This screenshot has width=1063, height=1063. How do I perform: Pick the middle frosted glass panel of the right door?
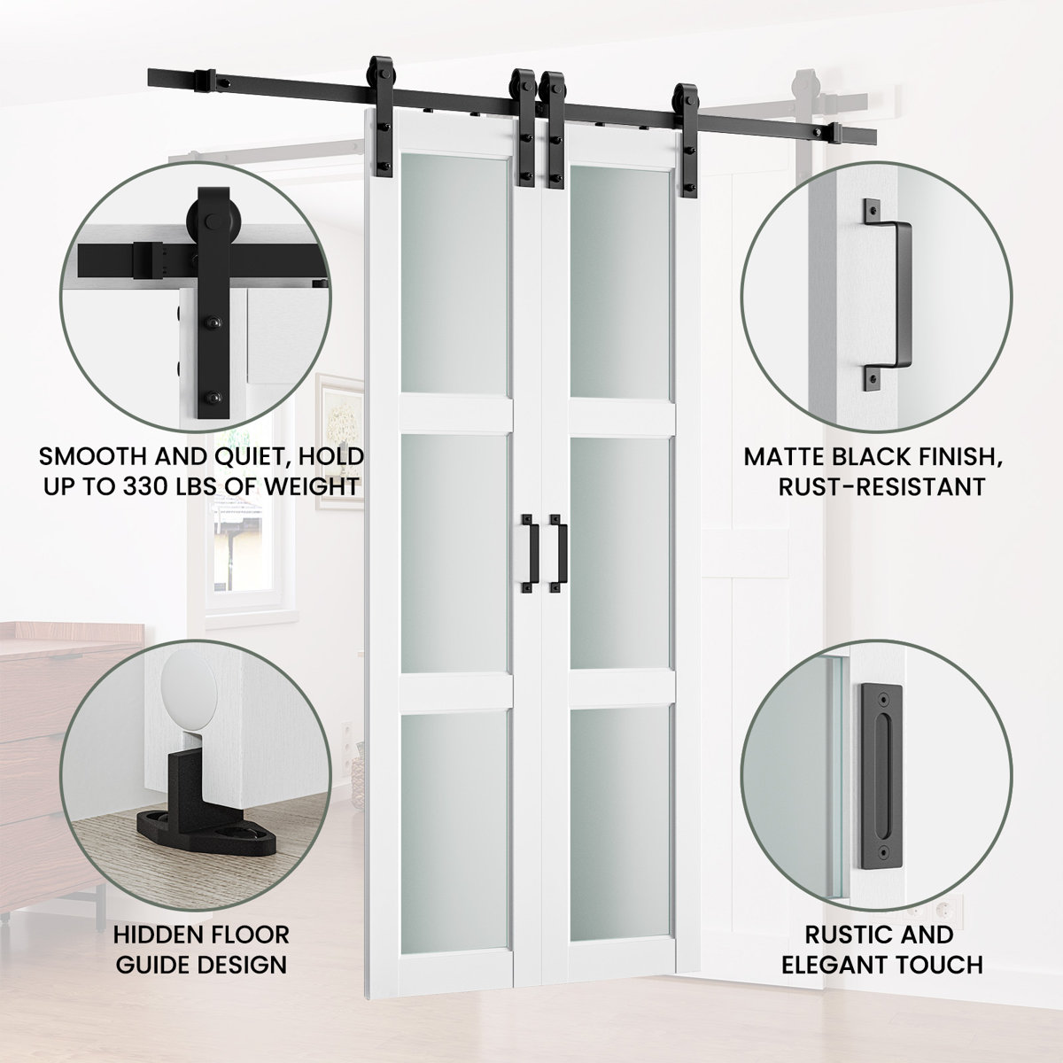(x=619, y=552)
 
